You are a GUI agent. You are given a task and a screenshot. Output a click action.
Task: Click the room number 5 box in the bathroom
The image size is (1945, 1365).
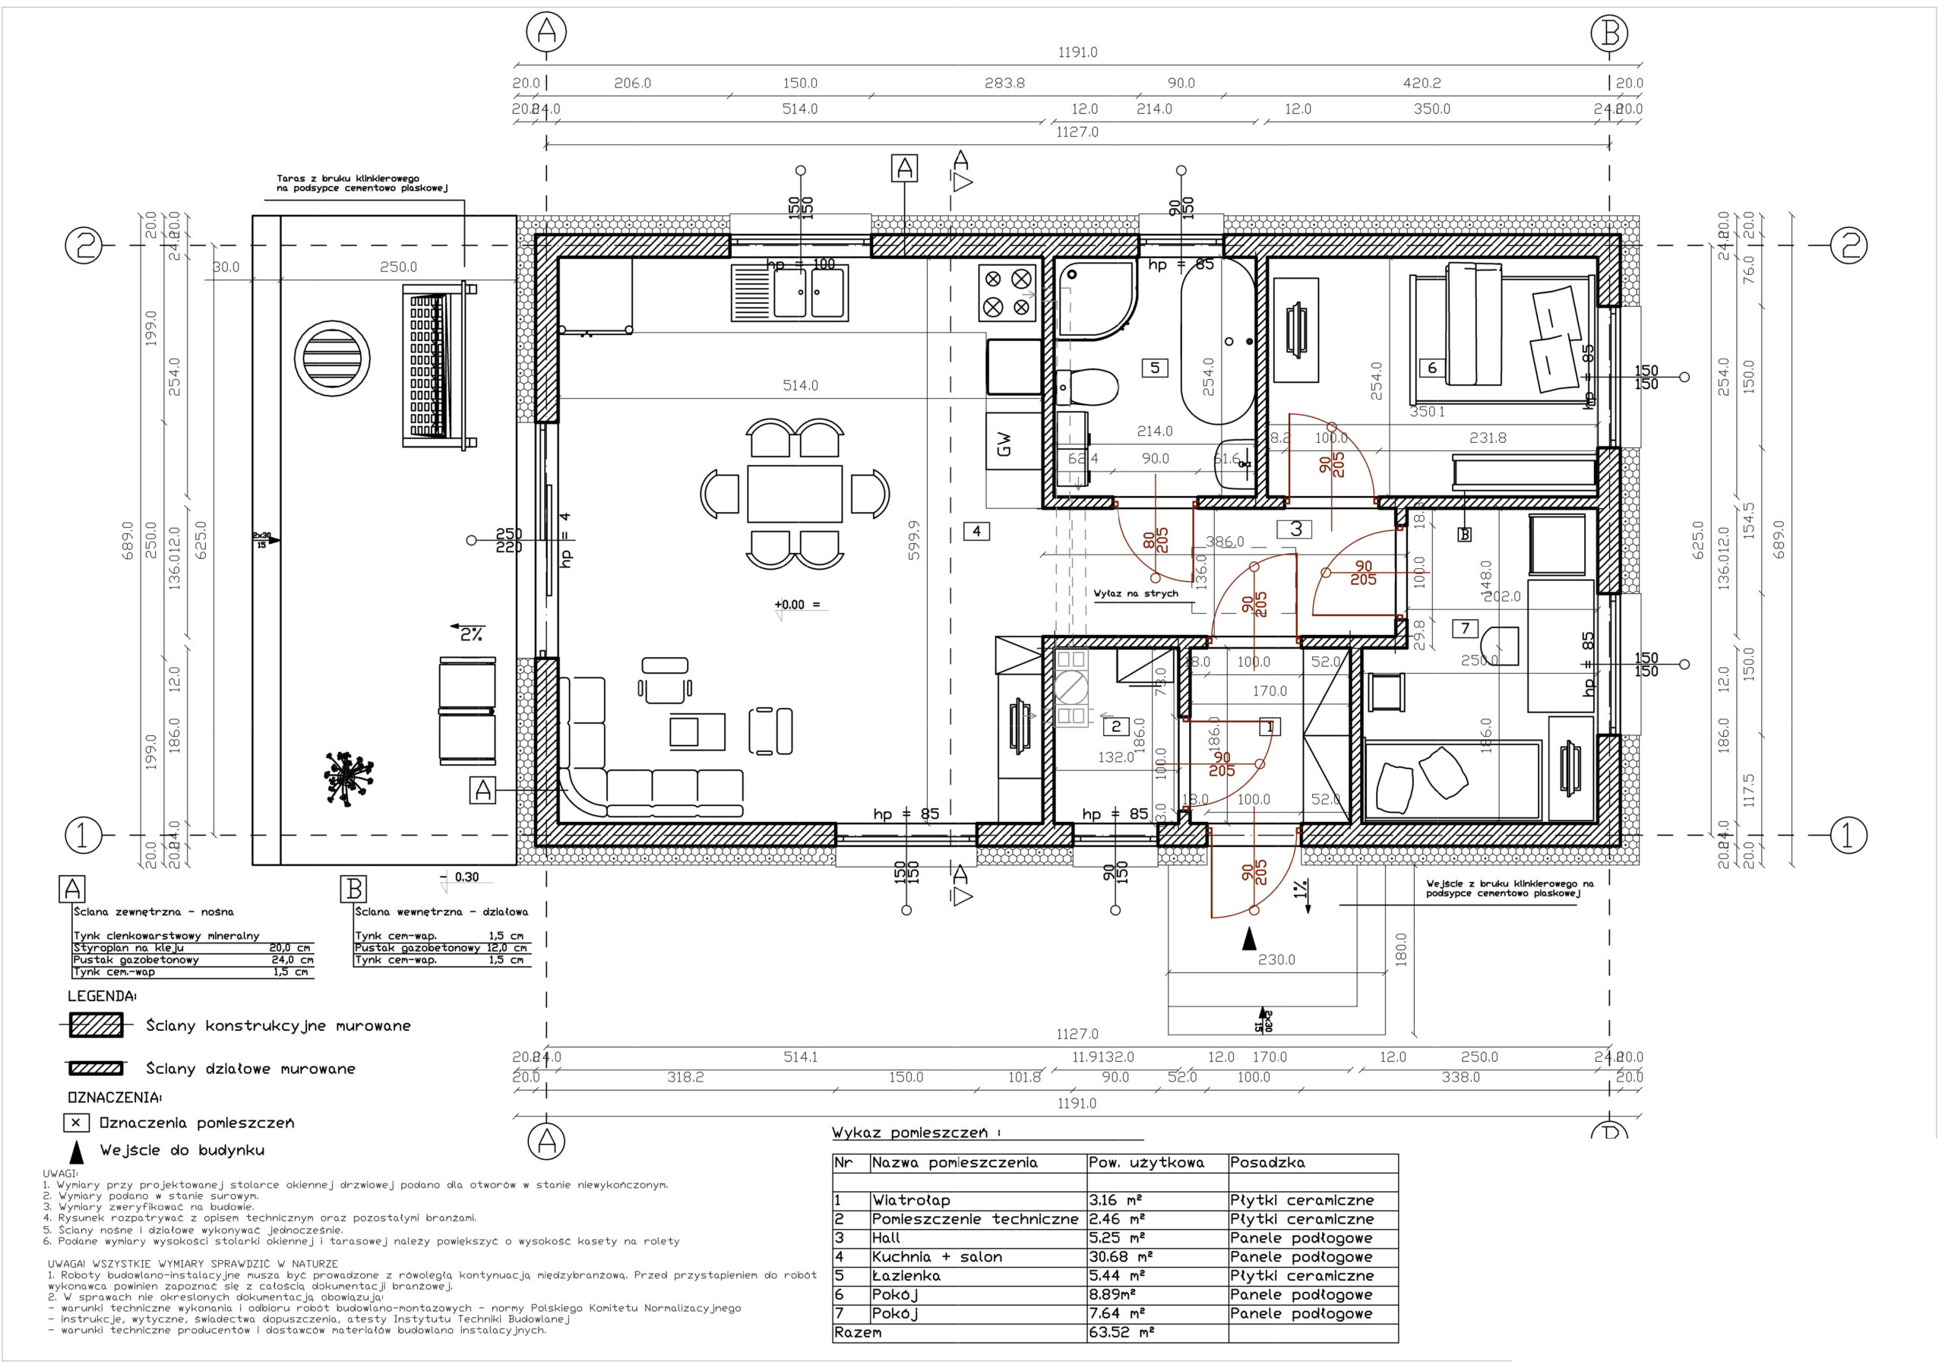click(1155, 368)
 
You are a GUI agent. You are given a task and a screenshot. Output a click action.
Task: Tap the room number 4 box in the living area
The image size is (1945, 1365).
click(977, 531)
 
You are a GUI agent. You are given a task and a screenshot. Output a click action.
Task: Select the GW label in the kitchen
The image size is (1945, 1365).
click(1004, 444)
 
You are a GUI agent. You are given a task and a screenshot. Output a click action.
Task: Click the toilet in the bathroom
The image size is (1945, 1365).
click(1088, 387)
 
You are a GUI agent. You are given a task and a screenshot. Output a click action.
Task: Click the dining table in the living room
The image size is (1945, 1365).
click(795, 494)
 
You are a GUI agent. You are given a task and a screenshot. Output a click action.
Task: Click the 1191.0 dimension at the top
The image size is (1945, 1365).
click(1077, 52)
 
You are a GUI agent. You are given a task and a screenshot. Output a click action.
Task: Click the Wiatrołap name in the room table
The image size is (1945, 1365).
click(911, 1200)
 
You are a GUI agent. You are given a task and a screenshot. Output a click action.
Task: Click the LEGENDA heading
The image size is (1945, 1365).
click(102, 996)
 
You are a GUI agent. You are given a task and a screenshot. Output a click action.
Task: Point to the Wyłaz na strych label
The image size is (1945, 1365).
click(1135, 593)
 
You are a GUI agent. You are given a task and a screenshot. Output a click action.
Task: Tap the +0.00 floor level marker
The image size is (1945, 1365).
click(789, 605)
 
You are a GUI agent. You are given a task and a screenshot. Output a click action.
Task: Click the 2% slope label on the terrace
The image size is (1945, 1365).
click(471, 634)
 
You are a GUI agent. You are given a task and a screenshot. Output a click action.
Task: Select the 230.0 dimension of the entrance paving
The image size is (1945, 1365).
click(1276, 959)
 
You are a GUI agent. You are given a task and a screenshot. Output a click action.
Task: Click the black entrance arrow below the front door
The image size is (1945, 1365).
click(1248, 937)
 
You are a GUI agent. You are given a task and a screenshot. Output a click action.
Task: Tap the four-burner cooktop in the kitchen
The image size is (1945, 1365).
click(1007, 293)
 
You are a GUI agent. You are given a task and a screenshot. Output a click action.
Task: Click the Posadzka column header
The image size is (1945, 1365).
click(1267, 1163)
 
